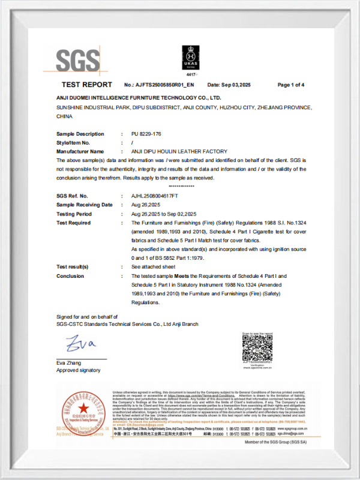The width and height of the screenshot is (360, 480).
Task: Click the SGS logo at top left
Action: point(78,61)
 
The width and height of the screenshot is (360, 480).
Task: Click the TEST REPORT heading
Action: point(86,85)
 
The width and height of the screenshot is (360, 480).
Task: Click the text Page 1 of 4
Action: point(290,85)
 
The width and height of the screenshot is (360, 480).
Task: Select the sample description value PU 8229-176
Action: point(146,134)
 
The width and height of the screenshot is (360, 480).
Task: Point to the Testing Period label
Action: point(74,214)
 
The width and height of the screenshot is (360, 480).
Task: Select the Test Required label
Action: point(73,223)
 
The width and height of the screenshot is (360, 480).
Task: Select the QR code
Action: point(257,347)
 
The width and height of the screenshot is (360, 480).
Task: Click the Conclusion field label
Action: point(70,276)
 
